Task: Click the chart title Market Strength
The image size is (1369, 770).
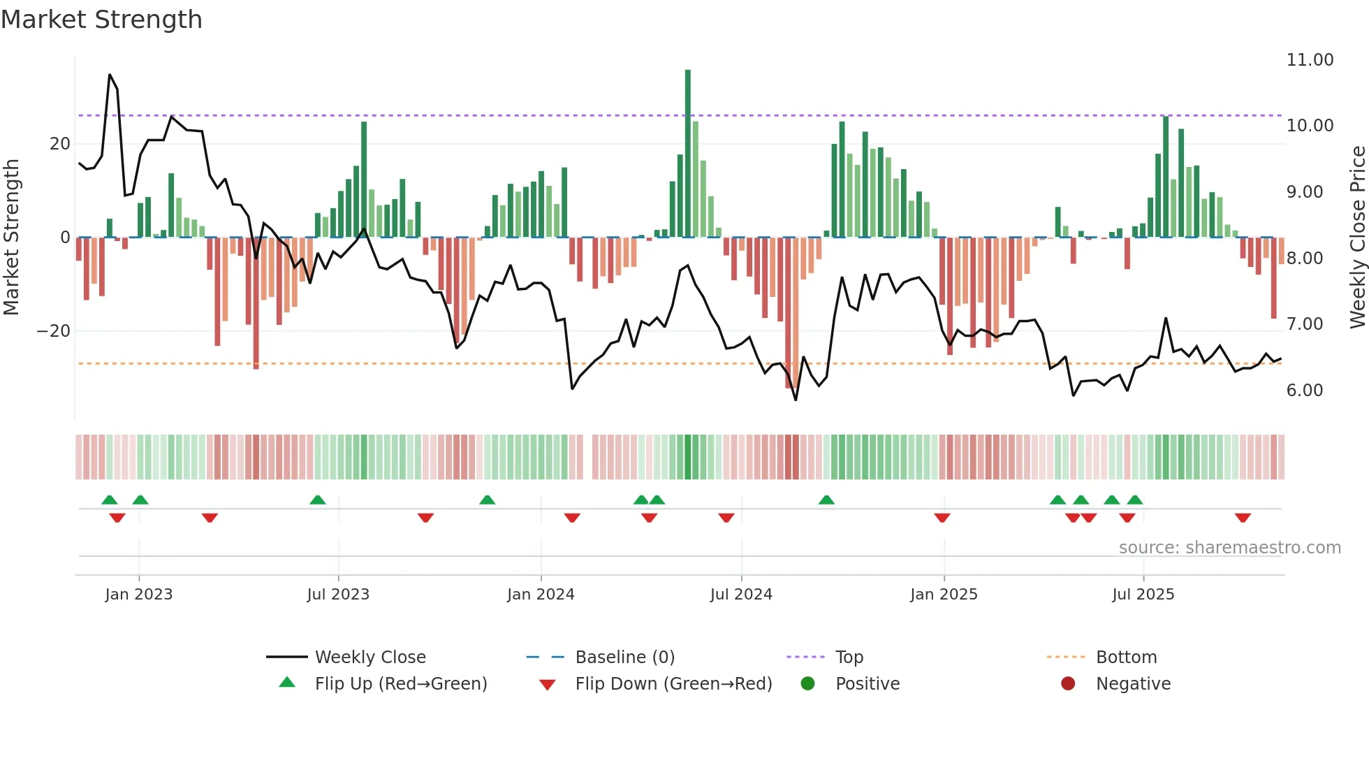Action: (102, 20)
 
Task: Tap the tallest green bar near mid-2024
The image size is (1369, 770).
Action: (688, 154)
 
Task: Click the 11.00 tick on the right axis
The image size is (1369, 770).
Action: (1310, 60)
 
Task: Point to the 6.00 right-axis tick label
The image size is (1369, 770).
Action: (1304, 391)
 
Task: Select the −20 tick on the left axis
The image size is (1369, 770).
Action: (54, 331)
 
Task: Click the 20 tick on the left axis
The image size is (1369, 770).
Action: (60, 144)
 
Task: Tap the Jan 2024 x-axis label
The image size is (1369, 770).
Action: (541, 595)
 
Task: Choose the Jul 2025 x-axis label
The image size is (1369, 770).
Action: (1143, 595)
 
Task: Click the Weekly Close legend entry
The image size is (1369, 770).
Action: (369, 658)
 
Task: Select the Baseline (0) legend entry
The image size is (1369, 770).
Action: (624, 658)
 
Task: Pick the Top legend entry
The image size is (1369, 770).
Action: (849, 658)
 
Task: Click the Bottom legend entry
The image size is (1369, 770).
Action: (1126, 658)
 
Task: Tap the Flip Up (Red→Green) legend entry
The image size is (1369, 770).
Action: (400, 684)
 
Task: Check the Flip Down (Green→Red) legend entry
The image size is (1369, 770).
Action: (673, 684)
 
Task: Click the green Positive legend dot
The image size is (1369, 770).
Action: (808, 684)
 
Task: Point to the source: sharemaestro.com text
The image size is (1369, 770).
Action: (1229, 548)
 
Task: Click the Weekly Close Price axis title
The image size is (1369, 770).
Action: (1357, 238)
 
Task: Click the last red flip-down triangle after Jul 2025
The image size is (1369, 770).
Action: (1243, 518)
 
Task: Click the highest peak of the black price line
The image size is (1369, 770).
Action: (110, 75)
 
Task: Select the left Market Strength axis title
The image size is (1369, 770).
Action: (12, 238)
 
